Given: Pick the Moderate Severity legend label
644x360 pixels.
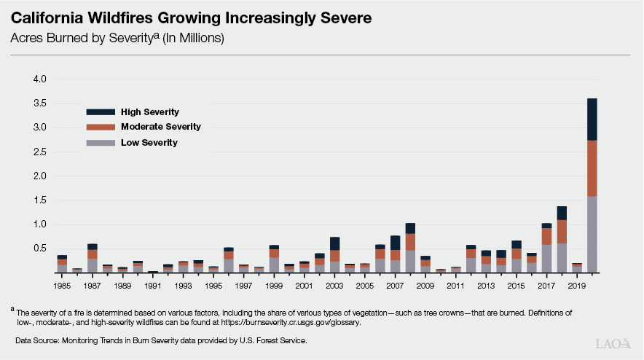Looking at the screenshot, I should click(x=161, y=127).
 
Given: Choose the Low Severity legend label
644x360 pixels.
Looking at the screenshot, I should click(x=149, y=142).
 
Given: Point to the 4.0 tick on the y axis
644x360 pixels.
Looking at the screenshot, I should click(x=39, y=79).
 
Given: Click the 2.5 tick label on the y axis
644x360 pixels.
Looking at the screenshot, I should click(x=39, y=152).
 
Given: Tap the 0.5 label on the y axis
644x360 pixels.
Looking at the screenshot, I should click(x=39, y=249).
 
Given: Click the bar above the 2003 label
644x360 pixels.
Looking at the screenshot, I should click(x=334, y=255).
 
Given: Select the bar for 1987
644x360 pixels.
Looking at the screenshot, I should click(x=93, y=259).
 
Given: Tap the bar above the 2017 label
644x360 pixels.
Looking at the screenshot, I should click(x=546, y=249).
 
